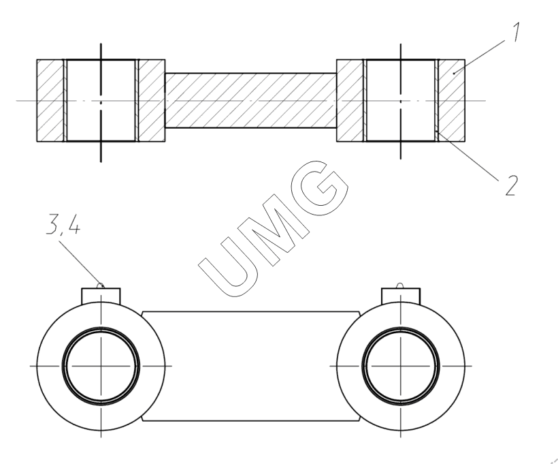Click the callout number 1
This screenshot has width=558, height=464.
(516, 32)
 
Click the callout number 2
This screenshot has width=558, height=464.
(511, 185)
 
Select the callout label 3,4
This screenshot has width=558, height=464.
(63, 226)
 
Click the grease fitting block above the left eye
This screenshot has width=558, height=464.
(101, 296)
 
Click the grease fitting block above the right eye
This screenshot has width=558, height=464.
(401, 296)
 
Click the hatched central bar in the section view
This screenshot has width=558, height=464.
(251, 100)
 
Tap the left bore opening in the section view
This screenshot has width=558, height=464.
(101, 100)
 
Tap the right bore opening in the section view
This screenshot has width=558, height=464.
(401, 100)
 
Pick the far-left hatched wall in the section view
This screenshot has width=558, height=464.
(50, 100)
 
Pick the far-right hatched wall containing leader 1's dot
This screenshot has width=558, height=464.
(452, 100)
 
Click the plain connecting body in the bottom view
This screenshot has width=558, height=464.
(251, 366)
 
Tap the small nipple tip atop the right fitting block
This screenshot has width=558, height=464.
(401, 285)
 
